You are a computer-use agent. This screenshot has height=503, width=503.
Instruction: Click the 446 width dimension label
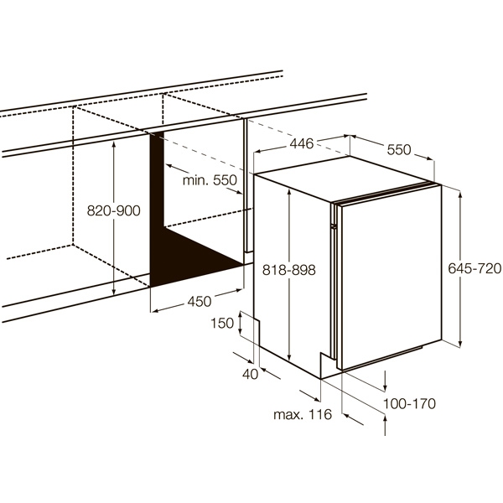[x=302, y=143]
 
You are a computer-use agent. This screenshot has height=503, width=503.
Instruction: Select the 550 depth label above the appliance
[x=399, y=150]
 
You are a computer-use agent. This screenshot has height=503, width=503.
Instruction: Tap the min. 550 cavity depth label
[x=210, y=180]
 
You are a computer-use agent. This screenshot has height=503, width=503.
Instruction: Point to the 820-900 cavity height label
[x=113, y=210]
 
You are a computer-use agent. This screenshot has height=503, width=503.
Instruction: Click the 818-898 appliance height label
[x=289, y=270]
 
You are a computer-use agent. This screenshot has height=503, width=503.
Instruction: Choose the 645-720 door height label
[x=474, y=268]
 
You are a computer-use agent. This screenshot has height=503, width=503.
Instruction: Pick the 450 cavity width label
[x=200, y=302]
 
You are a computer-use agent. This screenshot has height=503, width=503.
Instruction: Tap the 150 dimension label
[x=222, y=323]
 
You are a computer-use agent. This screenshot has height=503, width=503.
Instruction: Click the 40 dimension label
[x=250, y=374]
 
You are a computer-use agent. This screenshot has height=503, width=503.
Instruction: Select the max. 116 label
[x=303, y=414]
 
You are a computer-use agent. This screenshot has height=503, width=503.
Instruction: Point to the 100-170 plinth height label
[x=410, y=403]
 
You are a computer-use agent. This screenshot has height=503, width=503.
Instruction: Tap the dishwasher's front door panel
[x=391, y=277]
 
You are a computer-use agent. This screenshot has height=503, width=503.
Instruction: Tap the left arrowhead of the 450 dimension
[x=155, y=310]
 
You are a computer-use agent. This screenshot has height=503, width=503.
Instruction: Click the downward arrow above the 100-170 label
[x=385, y=381]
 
